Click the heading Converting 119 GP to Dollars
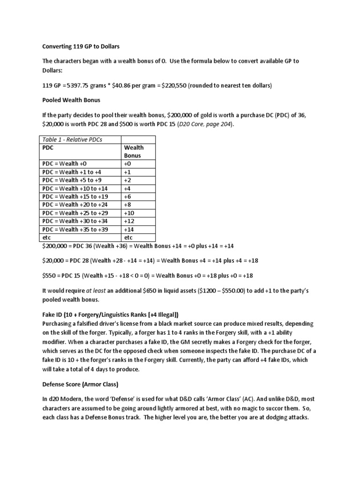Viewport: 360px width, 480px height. click(x=82, y=47)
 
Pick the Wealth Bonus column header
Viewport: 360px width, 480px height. click(x=134, y=151)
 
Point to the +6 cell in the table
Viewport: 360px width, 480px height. click(x=128, y=196)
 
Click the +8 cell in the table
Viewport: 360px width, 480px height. click(x=128, y=205)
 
